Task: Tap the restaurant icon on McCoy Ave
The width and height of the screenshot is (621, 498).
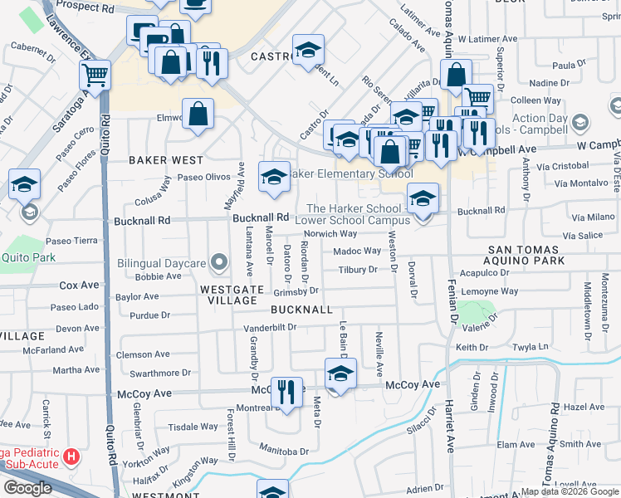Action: [x=286, y=391]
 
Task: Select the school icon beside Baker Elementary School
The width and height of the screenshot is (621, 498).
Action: [x=274, y=177]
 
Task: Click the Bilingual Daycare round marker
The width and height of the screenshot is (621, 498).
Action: [x=220, y=264]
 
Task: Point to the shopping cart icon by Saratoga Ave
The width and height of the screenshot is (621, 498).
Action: [x=95, y=76]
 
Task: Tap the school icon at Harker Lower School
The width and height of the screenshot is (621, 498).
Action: [x=423, y=198]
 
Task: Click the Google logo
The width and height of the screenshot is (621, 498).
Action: [x=27, y=488]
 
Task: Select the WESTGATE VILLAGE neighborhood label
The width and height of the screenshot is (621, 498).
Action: [x=232, y=296]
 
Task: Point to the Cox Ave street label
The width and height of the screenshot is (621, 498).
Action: [x=79, y=285]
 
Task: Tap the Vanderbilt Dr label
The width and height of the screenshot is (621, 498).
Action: [x=270, y=327]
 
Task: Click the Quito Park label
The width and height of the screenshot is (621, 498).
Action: [x=27, y=257]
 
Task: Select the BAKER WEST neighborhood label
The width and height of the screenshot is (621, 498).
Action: [x=166, y=159]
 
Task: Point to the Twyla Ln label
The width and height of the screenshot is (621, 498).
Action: [x=531, y=346]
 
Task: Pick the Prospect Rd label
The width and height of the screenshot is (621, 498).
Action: [x=86, y=7]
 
